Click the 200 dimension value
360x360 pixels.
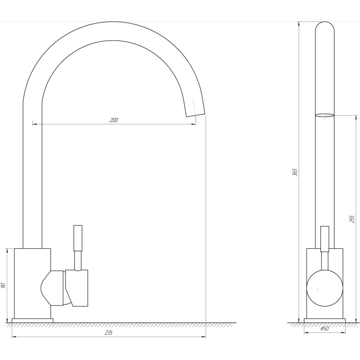(x=114, y=120)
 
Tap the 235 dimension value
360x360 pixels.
(x=108, y=333)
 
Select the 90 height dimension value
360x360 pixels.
(x=3, y=285)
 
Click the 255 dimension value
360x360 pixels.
(x=352, y=219)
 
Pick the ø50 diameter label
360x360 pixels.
(x=324, y=328)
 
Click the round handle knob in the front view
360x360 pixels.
(x=324, y=288)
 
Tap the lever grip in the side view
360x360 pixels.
(x=77, y=238)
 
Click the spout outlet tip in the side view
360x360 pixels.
(x=195, y=114)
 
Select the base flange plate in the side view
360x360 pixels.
(x=32, y=320)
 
